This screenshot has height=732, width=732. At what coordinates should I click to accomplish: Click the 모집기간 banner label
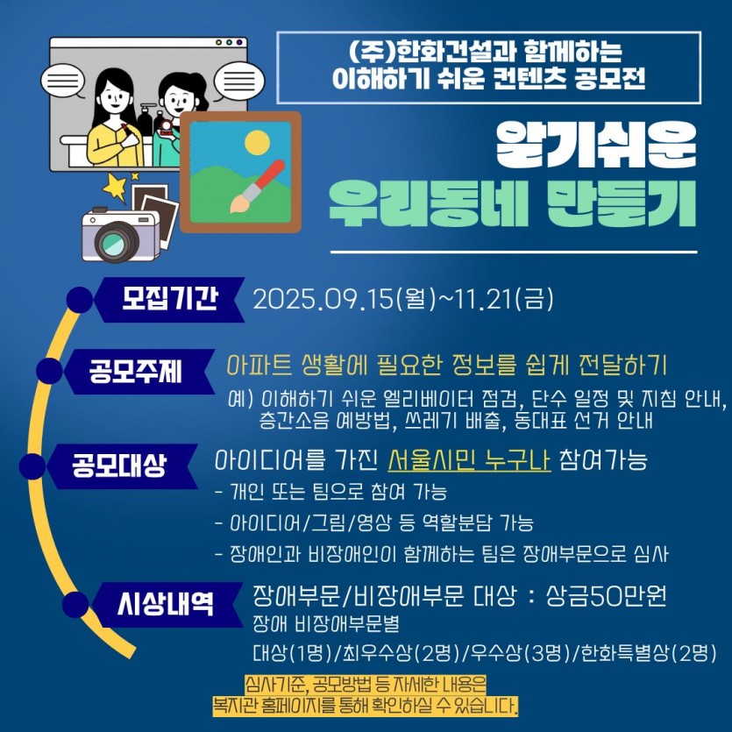pyautogui.click(x=170, y=299)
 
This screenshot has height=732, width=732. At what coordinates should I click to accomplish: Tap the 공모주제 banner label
pyautogui.click(x=135, y=372)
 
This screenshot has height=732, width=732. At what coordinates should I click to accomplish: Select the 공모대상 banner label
pyautogui.click(x=119, y=465)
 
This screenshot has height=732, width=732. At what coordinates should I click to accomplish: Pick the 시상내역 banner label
pyautogui.click(x=166, y=604)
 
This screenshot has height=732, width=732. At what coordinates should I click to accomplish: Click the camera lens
pyautogui.click(x=115, y=240)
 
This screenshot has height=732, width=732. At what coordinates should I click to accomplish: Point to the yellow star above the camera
pyautogui.click(x=115, y=187)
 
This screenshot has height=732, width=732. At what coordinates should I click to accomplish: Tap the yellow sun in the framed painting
pyautogui.click(x=257, y=142)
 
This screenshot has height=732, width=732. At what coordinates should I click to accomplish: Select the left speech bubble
pyautogui.click(x=61, y=82)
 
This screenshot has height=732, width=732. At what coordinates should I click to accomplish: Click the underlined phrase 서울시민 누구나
pyautogui.click(x=469, y=460)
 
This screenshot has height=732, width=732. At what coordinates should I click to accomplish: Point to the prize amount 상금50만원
pyautogui.click(x=606, y=596)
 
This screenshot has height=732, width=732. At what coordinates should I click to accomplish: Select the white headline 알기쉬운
pyautogui.click(x=596, y=146)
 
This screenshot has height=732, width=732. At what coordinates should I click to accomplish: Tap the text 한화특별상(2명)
pyautogui.click(x=648, y=653)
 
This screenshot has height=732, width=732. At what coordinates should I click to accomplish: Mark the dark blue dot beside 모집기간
pyautogui.click(x=80, y=300)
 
